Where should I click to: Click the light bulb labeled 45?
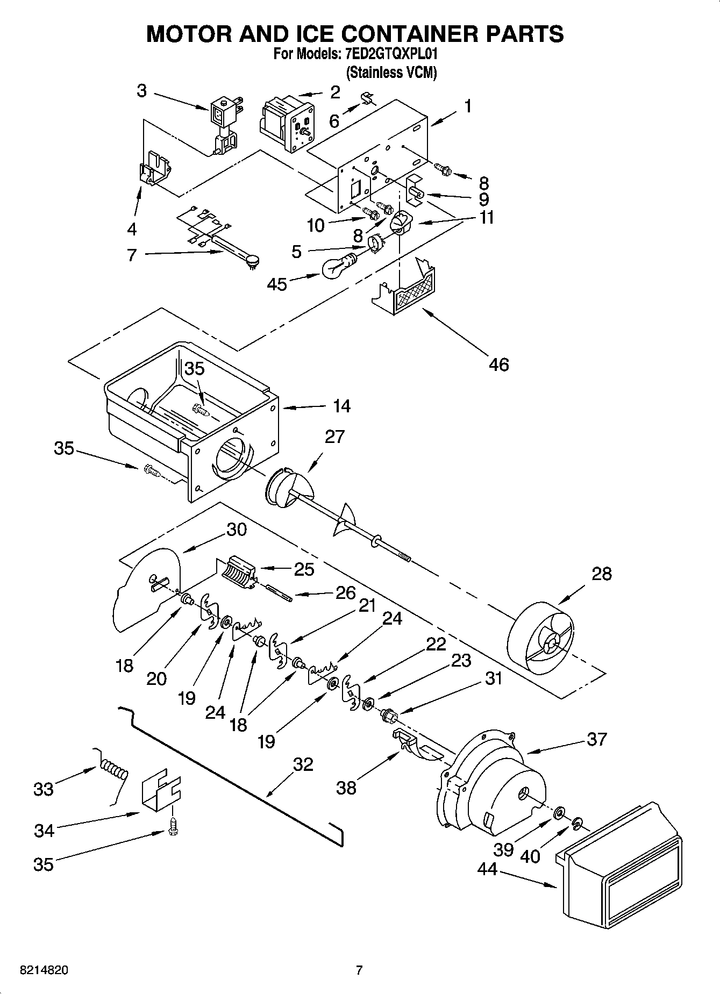[x=337, y=267]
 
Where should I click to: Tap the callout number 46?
[x=498, y=364]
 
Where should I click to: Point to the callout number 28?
[x=601, y=574]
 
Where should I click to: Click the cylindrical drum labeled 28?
[x=540, y=642]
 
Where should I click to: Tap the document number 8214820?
[x=44, y=970]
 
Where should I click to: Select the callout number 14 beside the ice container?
[x=341, y=406]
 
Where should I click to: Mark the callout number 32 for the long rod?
[x=303, y=764]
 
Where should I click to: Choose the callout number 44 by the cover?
[x=487, y=869]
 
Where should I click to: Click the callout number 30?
[x=236, y=530]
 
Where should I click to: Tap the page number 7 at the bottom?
[x=359, y=970]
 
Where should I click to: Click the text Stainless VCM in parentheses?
[x=391, y=73]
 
